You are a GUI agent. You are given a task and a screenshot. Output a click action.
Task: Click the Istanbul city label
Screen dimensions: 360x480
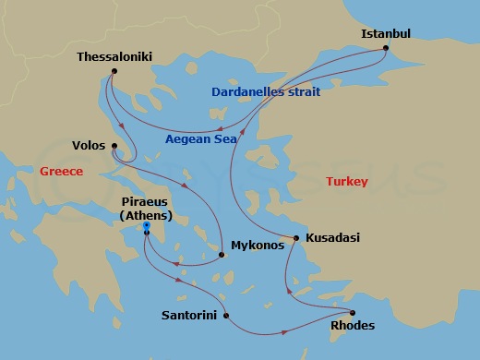click(385, 34)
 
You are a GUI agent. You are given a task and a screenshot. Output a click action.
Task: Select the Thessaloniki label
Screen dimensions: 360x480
click(114, 56)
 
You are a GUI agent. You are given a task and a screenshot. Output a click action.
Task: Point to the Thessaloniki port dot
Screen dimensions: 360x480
click(113, 71)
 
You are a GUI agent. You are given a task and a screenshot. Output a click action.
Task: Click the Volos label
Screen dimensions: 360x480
click(88, 145)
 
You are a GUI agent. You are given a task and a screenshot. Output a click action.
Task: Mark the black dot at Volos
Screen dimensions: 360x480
click(114, 145)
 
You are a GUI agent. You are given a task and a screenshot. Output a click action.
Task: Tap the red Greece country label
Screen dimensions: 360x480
click(61, 171)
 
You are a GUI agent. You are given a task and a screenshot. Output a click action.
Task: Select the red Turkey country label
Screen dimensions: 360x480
click(347, 182)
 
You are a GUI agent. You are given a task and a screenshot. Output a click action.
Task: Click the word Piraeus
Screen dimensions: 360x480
click(146, 201)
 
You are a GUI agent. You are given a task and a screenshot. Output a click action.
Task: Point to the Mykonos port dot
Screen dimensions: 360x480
click(222, 255)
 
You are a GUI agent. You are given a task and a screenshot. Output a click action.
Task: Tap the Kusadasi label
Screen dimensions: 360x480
click(331, 238)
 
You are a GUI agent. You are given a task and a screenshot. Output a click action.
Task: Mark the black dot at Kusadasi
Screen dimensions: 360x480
click(295, 238)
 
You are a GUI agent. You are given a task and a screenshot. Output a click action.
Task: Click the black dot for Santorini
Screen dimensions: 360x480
click(226, 315)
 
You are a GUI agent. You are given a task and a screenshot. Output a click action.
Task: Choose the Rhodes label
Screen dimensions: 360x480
click(353, 326)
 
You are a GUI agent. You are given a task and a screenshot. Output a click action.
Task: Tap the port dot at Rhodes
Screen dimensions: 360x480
click(352, 311)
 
